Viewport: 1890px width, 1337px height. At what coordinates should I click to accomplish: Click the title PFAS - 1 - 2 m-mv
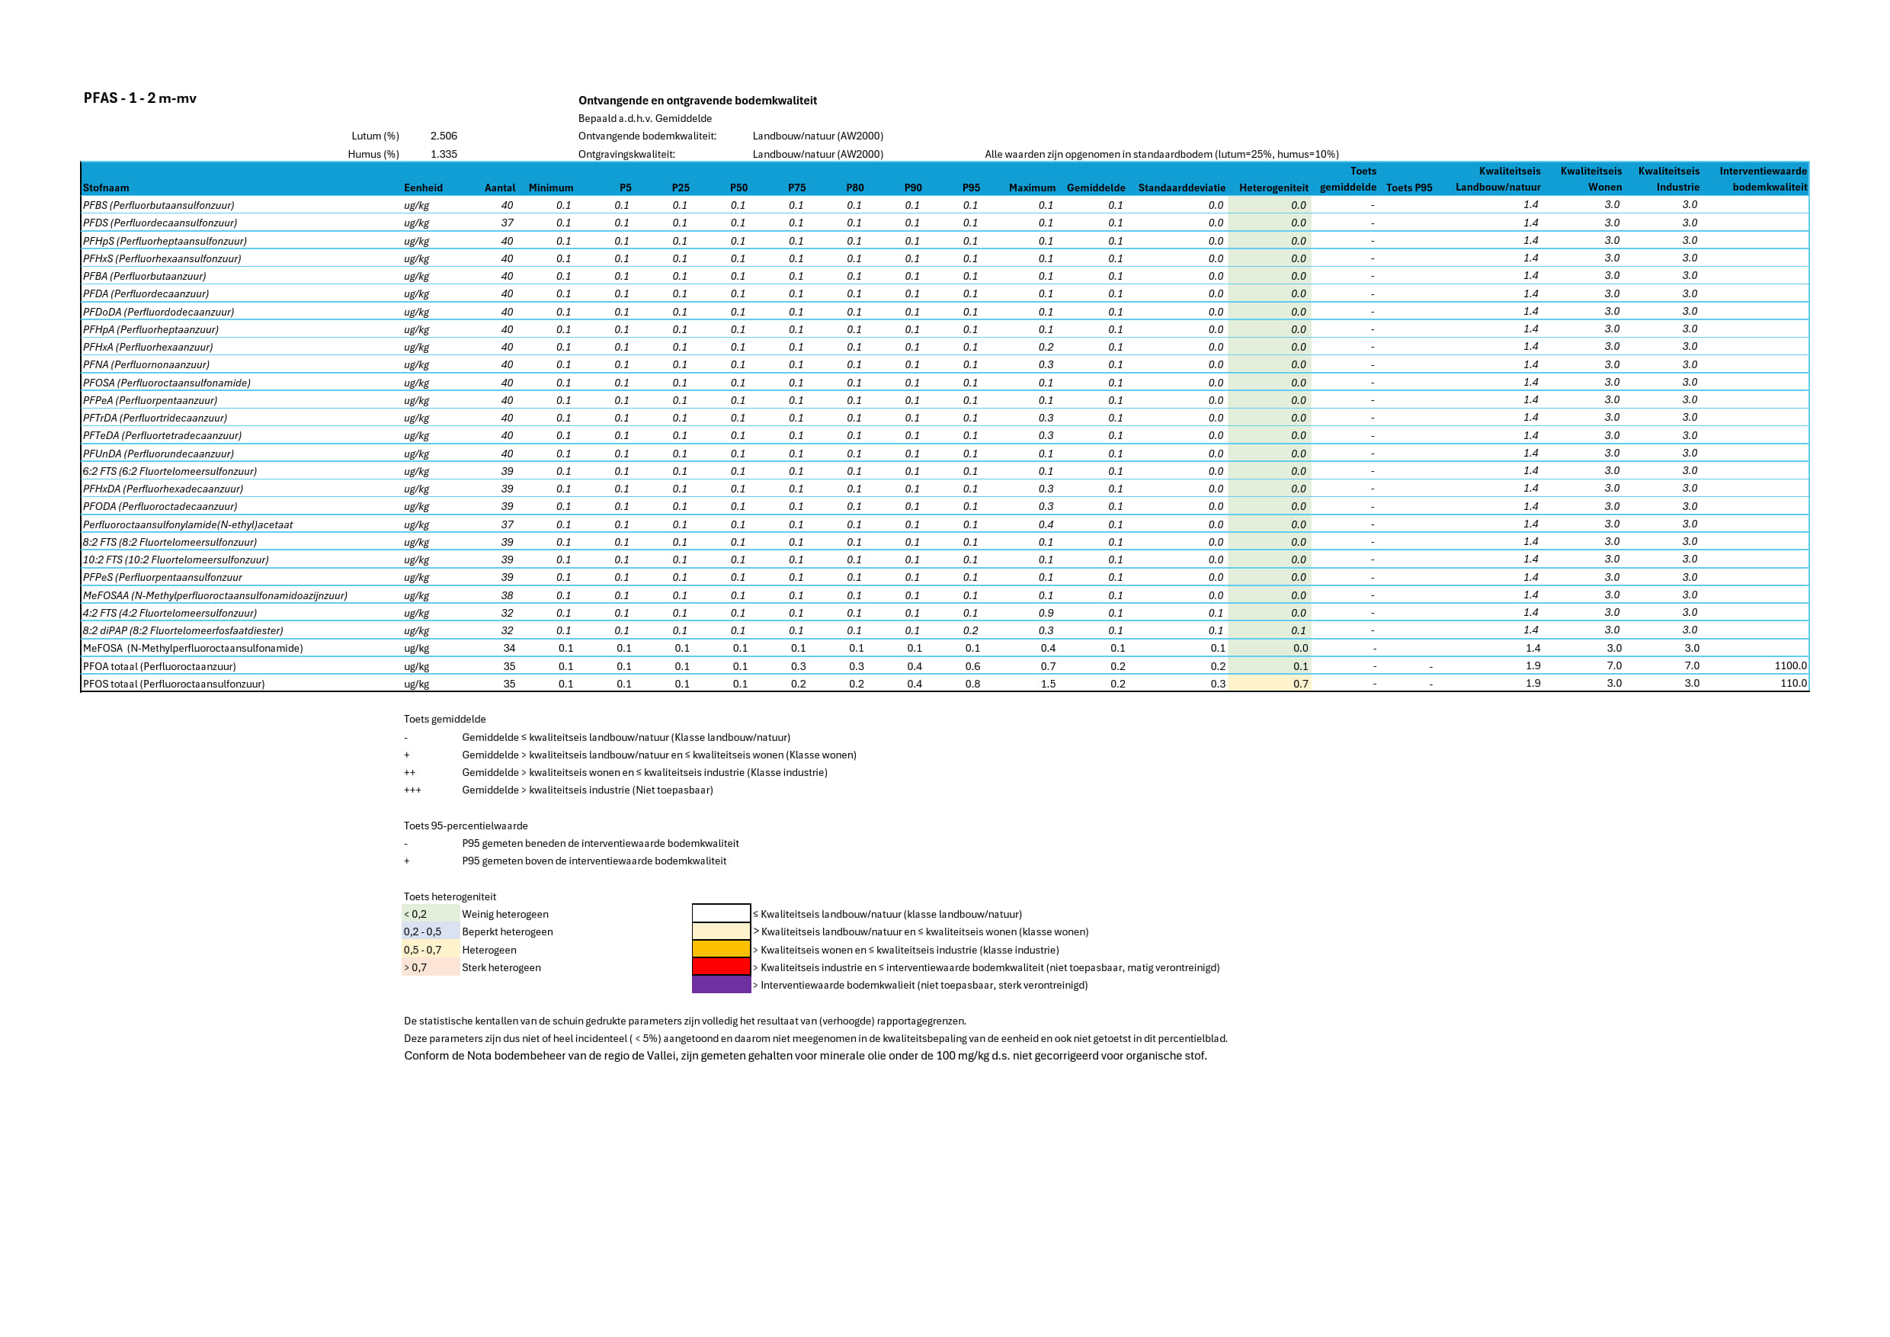(x=140, y=98)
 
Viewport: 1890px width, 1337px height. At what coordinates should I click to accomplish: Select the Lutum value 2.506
(x=444, y=136)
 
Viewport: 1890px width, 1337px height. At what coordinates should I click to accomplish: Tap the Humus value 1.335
(x=444, y=154)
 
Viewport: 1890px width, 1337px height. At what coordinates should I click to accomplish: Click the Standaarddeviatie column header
(x=1181, y=188)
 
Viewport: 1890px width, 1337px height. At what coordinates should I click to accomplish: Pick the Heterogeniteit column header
(x=1273, y=188)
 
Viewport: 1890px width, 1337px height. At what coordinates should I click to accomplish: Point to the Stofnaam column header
(x=106, y=188)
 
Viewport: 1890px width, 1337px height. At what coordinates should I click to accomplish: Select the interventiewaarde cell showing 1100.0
(x=1789, y=666)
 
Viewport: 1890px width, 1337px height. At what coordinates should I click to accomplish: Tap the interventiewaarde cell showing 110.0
(x=1793, y=683)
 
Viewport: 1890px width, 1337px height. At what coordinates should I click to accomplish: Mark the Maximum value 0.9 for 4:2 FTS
(x=1046, y=614)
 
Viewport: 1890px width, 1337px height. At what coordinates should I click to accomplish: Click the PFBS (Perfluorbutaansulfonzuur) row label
(x=158, y=206)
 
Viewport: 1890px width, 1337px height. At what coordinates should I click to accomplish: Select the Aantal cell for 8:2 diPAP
(x=507, y=630)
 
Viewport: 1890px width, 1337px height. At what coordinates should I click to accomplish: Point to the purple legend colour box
(x=721, y=985)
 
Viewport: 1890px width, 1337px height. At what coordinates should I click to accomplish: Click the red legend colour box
(x=721, y=967)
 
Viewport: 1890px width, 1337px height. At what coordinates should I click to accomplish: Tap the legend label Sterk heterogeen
(x=501, y=967)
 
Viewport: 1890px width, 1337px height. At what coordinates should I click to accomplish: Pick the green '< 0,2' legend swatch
(x=431, y=914)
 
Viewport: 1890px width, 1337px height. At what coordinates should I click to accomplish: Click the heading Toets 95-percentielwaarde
(x=465, y=826)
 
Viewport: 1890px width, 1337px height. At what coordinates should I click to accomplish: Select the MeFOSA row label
(x=193, y=649)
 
